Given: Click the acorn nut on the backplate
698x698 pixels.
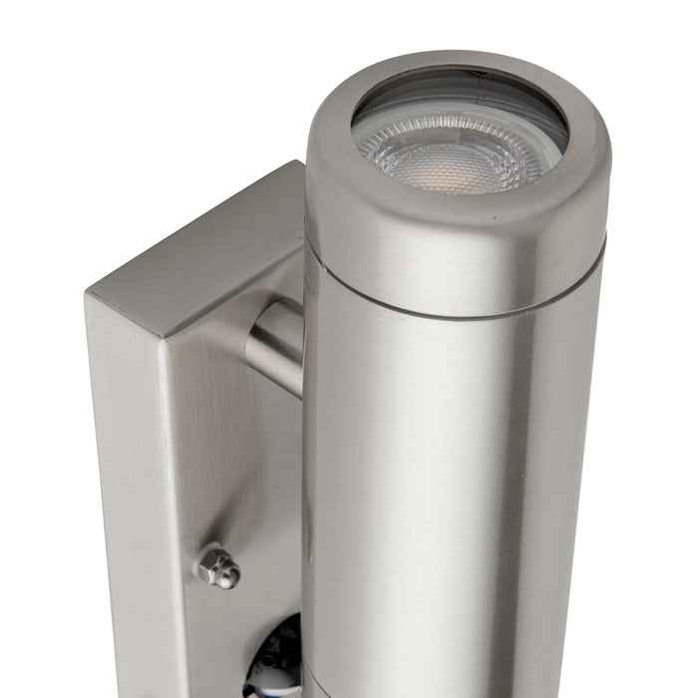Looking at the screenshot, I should click(217, 566).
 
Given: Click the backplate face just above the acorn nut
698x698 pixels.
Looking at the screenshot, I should click(219, 479).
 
